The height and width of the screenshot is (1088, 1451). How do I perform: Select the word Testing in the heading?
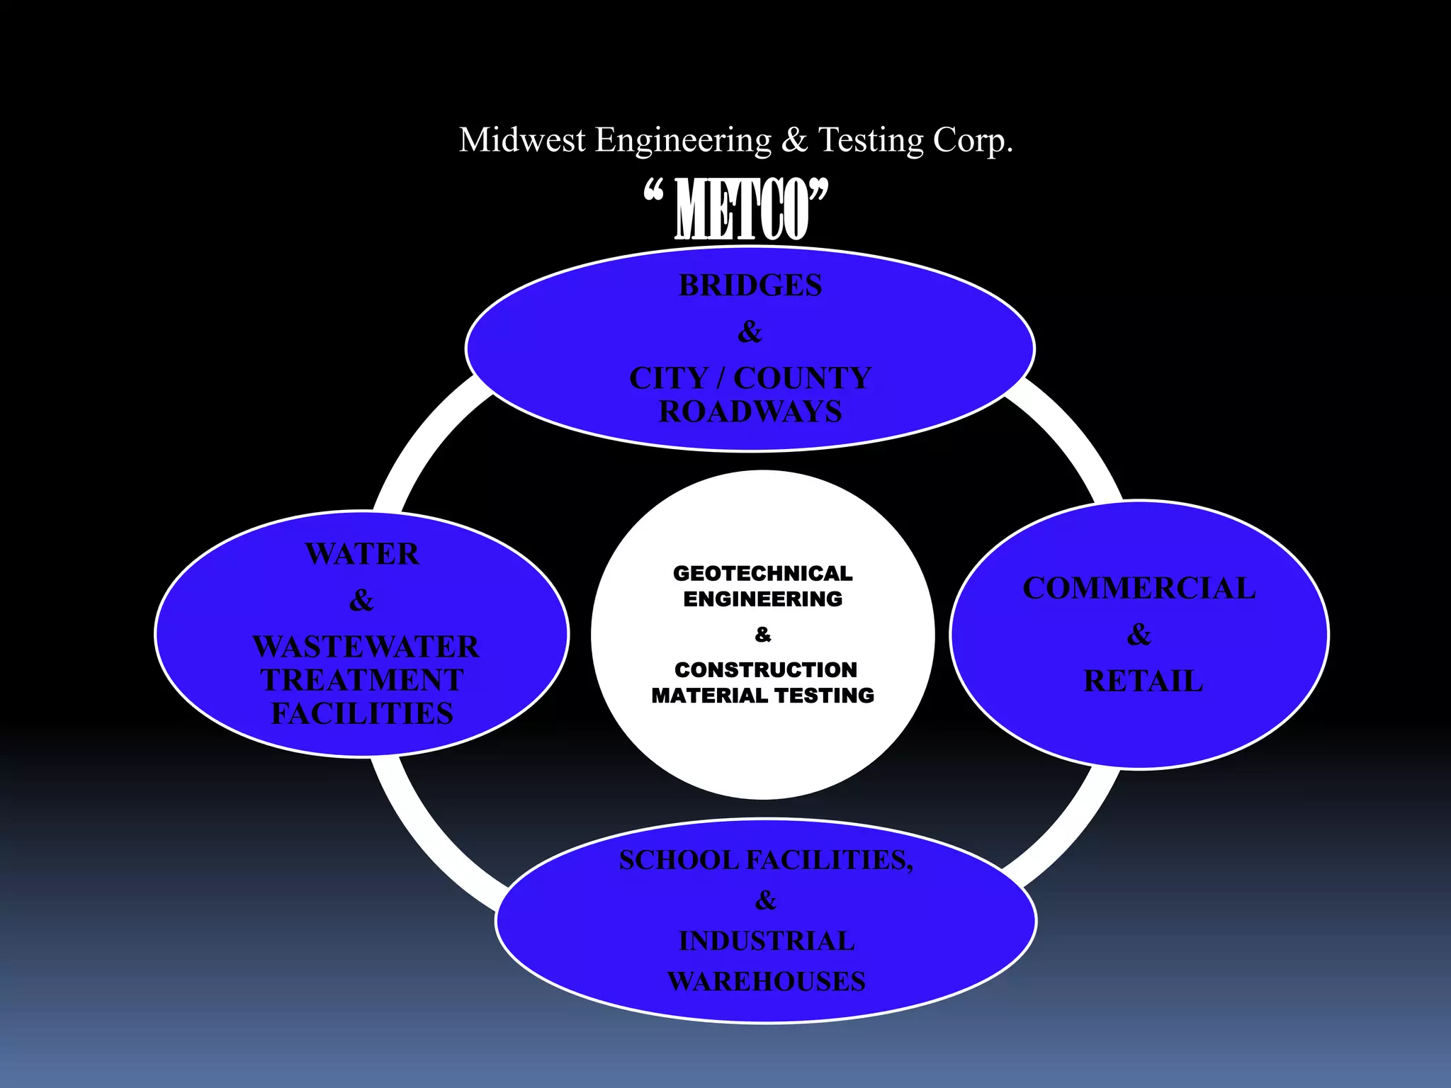pyautogui.click(x=871, y=140)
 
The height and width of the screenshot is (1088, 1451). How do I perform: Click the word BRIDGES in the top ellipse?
pyautogui.click(x=750, y=285)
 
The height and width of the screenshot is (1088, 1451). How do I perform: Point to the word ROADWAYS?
pyautogui.click(x=750, y=412)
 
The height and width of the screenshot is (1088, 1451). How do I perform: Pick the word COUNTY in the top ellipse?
pyautogui.click(x=802, y=378)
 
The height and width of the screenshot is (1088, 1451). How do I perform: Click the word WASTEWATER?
pyautogui.click(x=366, y=647)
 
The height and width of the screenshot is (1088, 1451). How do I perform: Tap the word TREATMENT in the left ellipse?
pyautogui.click(x=362, y=680)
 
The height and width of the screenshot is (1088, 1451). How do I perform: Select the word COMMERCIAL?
pyautogui.click(x=1139, y=589)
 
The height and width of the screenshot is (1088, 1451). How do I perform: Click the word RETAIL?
pyautogui.click(x=1143, y=681)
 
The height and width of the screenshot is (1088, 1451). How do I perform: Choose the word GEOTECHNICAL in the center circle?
pyautogui.click(x=763, y=573)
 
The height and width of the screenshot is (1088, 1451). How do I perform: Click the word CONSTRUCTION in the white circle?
pyautogui.click(x=765, y=669)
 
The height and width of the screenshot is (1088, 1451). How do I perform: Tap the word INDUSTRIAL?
pyautogui.click(x=767, y=941)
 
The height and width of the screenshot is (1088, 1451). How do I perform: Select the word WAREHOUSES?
pyautogui.click(x=767, y=982)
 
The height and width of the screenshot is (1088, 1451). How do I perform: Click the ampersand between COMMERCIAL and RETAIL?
pyautogui.click(x=1139, y=635)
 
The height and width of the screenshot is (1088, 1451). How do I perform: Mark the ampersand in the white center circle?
pyautogui.click(x=763, y=635)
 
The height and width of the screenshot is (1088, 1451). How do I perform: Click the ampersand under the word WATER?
pyautogui.click(x=361, y=601)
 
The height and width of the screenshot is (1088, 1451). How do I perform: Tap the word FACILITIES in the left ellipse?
pyautogui.click(x=362, y=714)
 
